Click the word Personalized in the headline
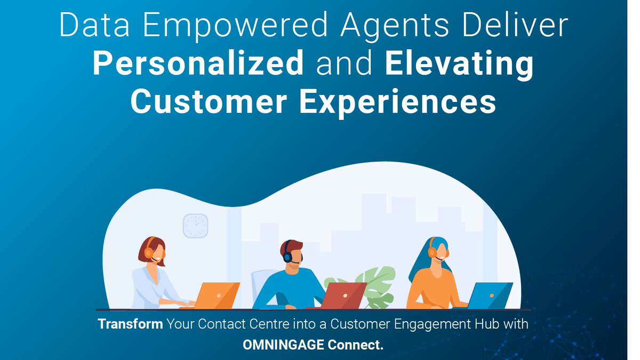tap(198, 65)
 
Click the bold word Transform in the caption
tap(130, 324)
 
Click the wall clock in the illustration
tap(195, 226)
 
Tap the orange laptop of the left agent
tap(218, 295)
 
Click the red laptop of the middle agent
tap(345, 295)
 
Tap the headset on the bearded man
tap(288, 256)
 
